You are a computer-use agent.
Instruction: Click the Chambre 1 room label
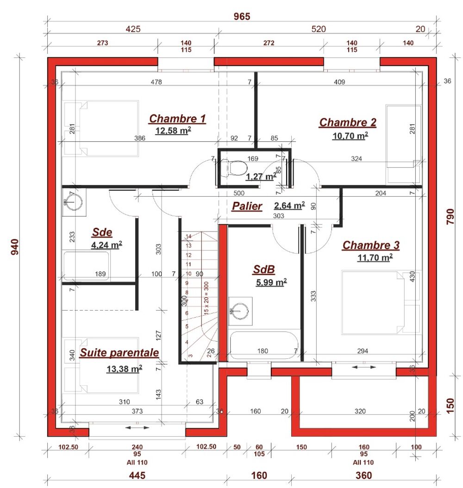(177, 119)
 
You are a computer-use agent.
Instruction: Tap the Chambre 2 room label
(348, 123)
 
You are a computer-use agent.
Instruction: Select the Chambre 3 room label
(371, 245)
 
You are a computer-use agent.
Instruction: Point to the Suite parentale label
(119, 353)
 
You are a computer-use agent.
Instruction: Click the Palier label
(247, 206)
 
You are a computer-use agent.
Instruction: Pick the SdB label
(264, 269)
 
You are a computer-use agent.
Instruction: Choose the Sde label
(102, 232)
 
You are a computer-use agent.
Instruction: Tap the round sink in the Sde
(74, 202)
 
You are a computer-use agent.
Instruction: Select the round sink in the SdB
(240, 311)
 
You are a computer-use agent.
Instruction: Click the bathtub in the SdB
(264, 345)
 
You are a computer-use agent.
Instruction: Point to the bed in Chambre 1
(101, 128)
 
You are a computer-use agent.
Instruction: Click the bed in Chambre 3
(381, 302)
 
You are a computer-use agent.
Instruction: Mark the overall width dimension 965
(242, 17)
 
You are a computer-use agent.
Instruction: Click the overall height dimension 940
(15, 247)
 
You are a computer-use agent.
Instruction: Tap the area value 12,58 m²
(173, 131)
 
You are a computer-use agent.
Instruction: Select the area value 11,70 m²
(375, 257)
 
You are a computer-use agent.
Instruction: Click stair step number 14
(188, 237)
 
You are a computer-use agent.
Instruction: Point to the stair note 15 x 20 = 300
(206, 298)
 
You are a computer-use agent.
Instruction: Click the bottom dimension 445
(137, 475)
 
